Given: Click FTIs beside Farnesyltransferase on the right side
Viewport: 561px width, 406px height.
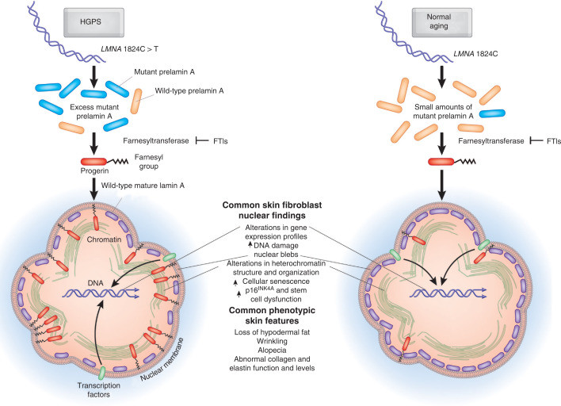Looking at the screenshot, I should pos(549,140).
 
